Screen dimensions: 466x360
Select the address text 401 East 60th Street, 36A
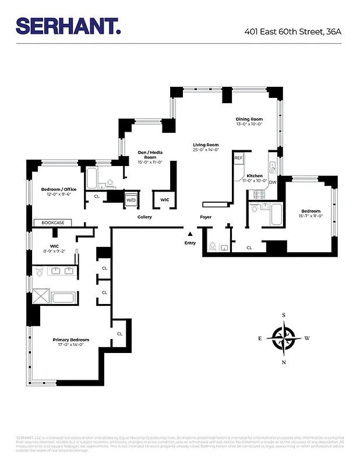(292, 31)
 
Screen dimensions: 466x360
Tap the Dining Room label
(249, 119)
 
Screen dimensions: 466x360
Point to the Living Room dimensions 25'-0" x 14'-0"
(206, 150)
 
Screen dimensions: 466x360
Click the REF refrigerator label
(238, 158)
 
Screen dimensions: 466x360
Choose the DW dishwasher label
(273, 182)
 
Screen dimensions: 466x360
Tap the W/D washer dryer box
(132, 200)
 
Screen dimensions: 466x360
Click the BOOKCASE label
(52, 223)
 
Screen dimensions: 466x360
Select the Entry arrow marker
(189, 234)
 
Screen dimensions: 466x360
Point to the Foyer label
(206, 217)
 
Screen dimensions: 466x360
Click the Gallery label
(144, 217)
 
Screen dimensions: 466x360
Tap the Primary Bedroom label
(70, 340)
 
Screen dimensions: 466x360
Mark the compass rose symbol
(284, 338)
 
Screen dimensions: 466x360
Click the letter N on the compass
(284, 362)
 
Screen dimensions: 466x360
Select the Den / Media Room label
(150, 154)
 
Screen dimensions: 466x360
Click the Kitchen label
(255, 175)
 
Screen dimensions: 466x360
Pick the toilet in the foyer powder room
(213, 246)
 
